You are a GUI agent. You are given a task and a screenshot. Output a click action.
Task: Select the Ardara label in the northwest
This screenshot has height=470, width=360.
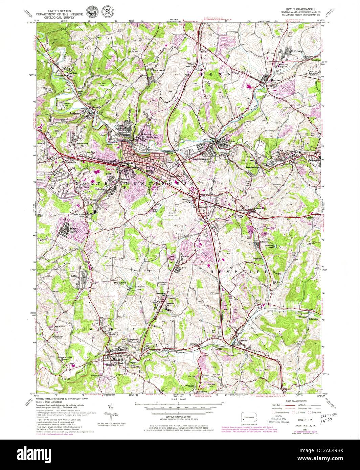coord(73,72)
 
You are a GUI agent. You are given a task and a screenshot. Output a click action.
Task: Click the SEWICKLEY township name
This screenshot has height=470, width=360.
coord(106,328)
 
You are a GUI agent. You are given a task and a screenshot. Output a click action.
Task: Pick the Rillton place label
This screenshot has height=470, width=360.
coord(74,276)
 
